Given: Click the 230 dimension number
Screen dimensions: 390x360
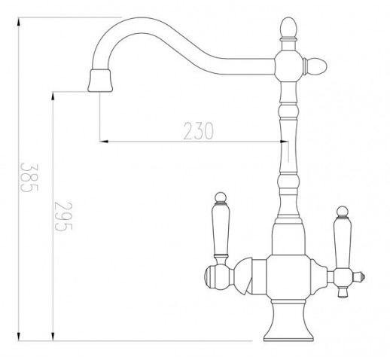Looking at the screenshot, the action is click(x=198, y=131).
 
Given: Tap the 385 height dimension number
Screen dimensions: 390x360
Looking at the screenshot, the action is click(x=29, y=178).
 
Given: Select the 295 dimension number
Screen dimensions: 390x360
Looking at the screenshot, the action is click(x=63, y=216).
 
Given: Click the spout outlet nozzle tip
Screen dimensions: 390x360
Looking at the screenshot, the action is click(x=100, y=81).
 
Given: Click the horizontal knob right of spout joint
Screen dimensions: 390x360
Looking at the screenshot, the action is click(x=315, y=66).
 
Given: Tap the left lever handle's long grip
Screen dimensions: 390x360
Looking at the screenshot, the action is click(x=221, y=229).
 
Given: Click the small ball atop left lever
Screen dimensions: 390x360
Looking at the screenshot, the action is click(x=221, y=197).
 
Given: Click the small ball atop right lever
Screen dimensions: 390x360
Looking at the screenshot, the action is click(x=342, y=212).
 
